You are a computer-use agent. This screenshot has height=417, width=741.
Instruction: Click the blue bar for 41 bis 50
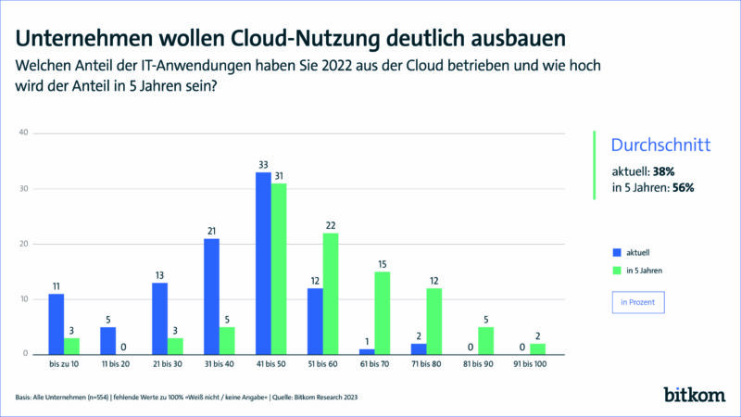(264, 263)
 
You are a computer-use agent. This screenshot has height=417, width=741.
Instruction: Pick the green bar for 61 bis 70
(383, 312)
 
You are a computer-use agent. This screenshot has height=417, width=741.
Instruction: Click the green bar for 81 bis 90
(486, 340)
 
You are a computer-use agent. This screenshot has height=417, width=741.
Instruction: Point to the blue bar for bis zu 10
(56, 323)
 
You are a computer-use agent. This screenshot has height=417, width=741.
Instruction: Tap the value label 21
(211, 232)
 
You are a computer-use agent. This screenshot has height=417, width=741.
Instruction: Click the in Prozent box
(638, 303)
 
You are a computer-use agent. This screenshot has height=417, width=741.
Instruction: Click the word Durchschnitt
(660, 145)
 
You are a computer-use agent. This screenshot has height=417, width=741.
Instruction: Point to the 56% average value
(684, 187)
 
